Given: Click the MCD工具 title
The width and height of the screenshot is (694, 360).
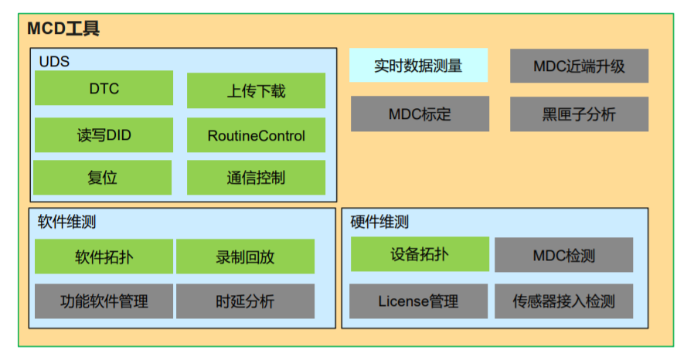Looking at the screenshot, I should pyautogui.click(x=63, y=29).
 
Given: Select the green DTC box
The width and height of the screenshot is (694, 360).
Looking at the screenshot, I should pyautogui.click(x=104, y=89).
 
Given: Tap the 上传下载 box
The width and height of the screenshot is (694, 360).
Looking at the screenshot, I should pyautogui.click(x=256, y=90).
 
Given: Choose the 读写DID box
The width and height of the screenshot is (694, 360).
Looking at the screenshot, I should pyautogui.click(x=104, y=135).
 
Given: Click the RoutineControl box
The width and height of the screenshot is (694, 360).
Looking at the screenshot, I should pyautogui.click(x=256, y=136).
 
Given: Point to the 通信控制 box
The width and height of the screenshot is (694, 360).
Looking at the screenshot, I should pyautogui.click(x=256, y=178).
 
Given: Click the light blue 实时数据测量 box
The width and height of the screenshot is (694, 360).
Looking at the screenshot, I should pyautogui.click(x=418, y=66).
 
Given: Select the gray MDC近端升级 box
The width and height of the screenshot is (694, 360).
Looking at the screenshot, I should pyautogui.click(x=579, y=66).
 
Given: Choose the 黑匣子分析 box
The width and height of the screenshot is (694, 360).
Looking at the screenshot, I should pyautogui.click(x=579, y=114).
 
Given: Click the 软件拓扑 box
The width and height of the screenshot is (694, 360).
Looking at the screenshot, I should pyautogui.click(x=104, y=256).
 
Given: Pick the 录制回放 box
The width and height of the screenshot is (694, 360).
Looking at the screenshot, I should pyautogui.click(x=245, y=256).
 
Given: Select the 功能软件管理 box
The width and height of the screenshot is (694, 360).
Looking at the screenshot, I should pyautogui.click(x=104, y=301).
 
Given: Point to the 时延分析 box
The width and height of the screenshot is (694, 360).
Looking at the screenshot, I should pyautogui.click(x=245, y=301).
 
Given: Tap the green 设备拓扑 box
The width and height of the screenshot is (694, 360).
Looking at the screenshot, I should pyautogui.click(x=420, y=254).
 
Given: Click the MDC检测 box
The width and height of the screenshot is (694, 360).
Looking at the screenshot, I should pyautogui.click(x=563, y=256).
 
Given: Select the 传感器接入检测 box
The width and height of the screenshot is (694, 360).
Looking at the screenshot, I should pyautogui.click(x=563, y=301).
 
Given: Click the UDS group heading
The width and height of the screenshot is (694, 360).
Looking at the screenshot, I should pyautogui.click(x=54, y=61).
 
